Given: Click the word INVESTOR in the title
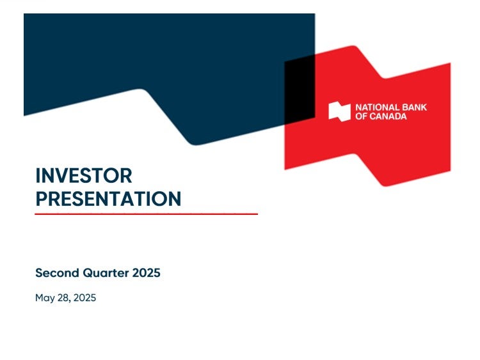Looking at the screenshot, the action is click(84, 176).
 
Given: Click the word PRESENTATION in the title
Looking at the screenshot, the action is click(108, 199).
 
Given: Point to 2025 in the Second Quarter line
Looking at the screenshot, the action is click(147, 272).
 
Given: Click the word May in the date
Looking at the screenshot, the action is click(45, 298).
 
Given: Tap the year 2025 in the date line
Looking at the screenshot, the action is click(84, 297).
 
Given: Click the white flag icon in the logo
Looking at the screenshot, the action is click(339, 112).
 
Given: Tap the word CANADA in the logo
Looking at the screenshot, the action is click(388, 116).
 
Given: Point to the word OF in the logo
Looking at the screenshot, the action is click(361, 116).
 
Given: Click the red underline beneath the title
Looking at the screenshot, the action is click(147, 214).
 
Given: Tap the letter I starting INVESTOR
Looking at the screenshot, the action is click(38, 176).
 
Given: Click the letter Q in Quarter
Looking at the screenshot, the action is click(88, 273).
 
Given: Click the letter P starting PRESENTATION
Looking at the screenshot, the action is click(42, 199).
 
